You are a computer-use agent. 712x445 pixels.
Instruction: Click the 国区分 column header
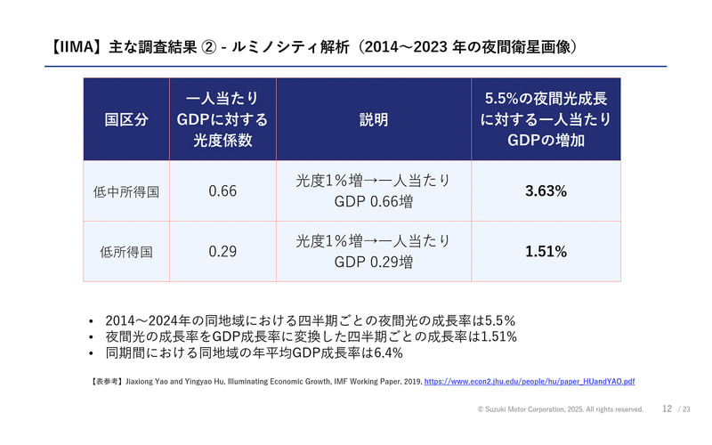pyautogui.click(x=126, y=120)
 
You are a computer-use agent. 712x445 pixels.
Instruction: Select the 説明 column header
pyautogui.click(x=373, y=120)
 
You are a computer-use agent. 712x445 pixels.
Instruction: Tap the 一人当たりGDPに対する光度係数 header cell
pyautogui.click(x=222, y=120)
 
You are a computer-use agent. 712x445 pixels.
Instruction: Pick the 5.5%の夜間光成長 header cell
pyautogui.click(x=546, y=120)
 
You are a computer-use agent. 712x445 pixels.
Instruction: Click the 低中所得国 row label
pyautogui.click(x=126, y=191)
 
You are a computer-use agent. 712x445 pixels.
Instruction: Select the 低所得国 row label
pyautogui.click(x=126, y=252)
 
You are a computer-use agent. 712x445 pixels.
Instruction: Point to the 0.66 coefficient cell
pyautogui.click(x=222, y=191)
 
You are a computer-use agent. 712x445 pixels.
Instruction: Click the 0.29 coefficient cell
pyautogui.click(x=222, y=252)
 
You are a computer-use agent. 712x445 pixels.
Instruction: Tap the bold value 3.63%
pyautogui.click(x=546, y=191)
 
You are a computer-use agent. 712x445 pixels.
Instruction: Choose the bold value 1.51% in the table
pyautogui.click(x=546, y=252)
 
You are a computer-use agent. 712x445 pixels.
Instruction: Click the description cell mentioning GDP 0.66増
pyautogui.click(x=373, y=191)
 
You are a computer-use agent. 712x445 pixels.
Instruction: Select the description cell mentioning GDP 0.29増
pyautogui.click(x=373, y=252)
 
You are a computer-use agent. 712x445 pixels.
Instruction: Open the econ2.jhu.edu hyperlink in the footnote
pyautogui.click(x=530, y=381)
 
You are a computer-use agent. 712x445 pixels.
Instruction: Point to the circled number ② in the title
pyautogui.click(x=204, y=46)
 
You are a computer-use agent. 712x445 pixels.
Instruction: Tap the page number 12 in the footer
pyautogui.click(x=667, y=409)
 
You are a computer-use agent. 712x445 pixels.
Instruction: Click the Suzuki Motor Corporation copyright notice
pyautogui.click(x=560, y=409)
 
